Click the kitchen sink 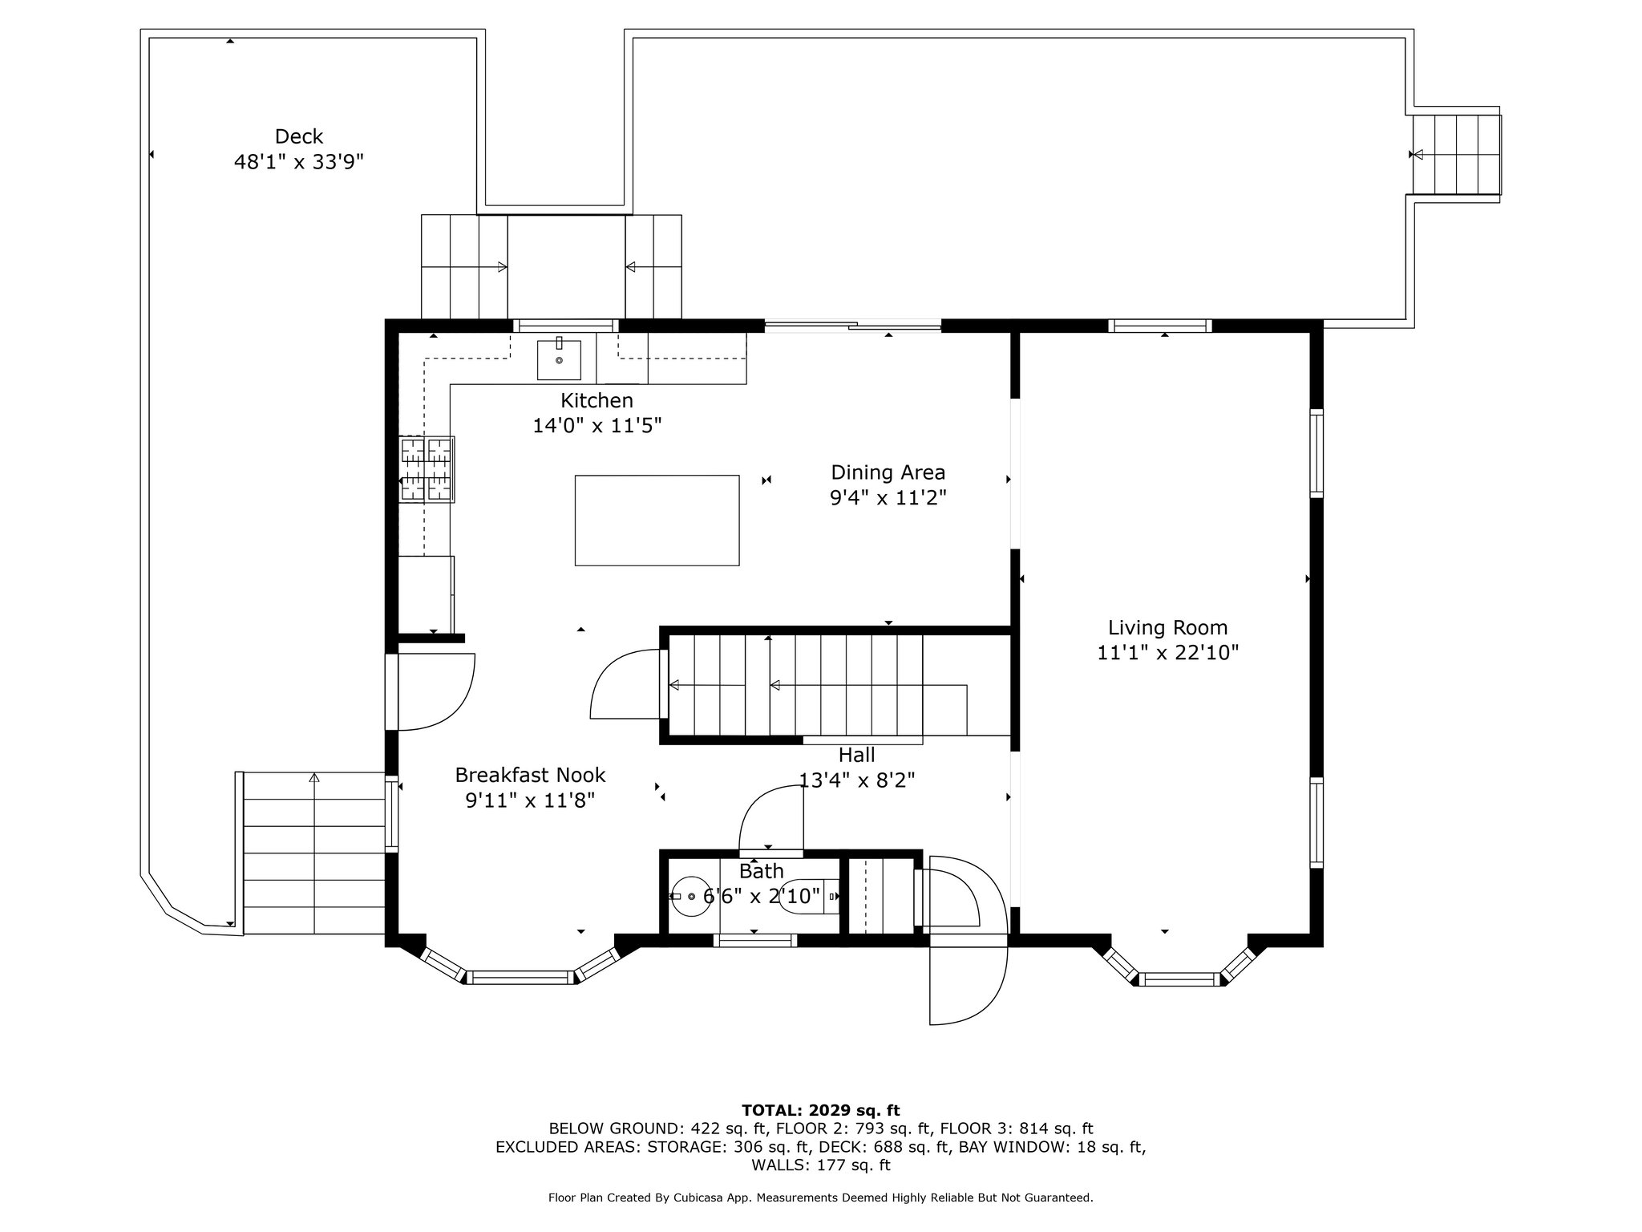559,359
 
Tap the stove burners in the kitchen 427,469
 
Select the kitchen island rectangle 657,520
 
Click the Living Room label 1167,627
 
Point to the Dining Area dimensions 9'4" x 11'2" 888,498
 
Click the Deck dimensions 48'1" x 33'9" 298,162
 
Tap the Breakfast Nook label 530,775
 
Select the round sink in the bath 690,896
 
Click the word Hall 856,755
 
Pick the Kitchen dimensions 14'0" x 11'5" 597,425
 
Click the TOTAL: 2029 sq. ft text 820,1110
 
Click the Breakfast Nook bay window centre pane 520,977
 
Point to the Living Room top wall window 1159,326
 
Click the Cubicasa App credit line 820,1198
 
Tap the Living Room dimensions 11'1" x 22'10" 1167,653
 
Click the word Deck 298,136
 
